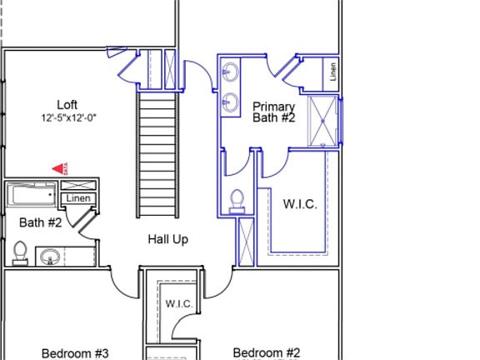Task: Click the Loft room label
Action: tap(67, 104)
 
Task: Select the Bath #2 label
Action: tap(41, 222)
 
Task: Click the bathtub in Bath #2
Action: tap(32, 196)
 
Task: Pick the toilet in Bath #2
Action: tap(21, 251)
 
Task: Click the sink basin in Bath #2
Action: tap(50, 256)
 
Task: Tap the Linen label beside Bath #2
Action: tap(78, 198)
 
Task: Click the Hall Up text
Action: tap(168, 239)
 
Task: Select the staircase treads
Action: tap(157, 154)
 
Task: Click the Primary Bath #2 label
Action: tap(274, 112)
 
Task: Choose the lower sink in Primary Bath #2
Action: tap(230, 104)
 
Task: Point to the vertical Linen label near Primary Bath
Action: tap(332, 73)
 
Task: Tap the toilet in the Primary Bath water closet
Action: tap(237, 201)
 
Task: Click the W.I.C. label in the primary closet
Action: tap(300, 204)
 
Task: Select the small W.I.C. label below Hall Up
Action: tap(179, 304)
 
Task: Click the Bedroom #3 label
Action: tap(75, 352)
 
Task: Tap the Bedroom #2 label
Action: tap(266, 352)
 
